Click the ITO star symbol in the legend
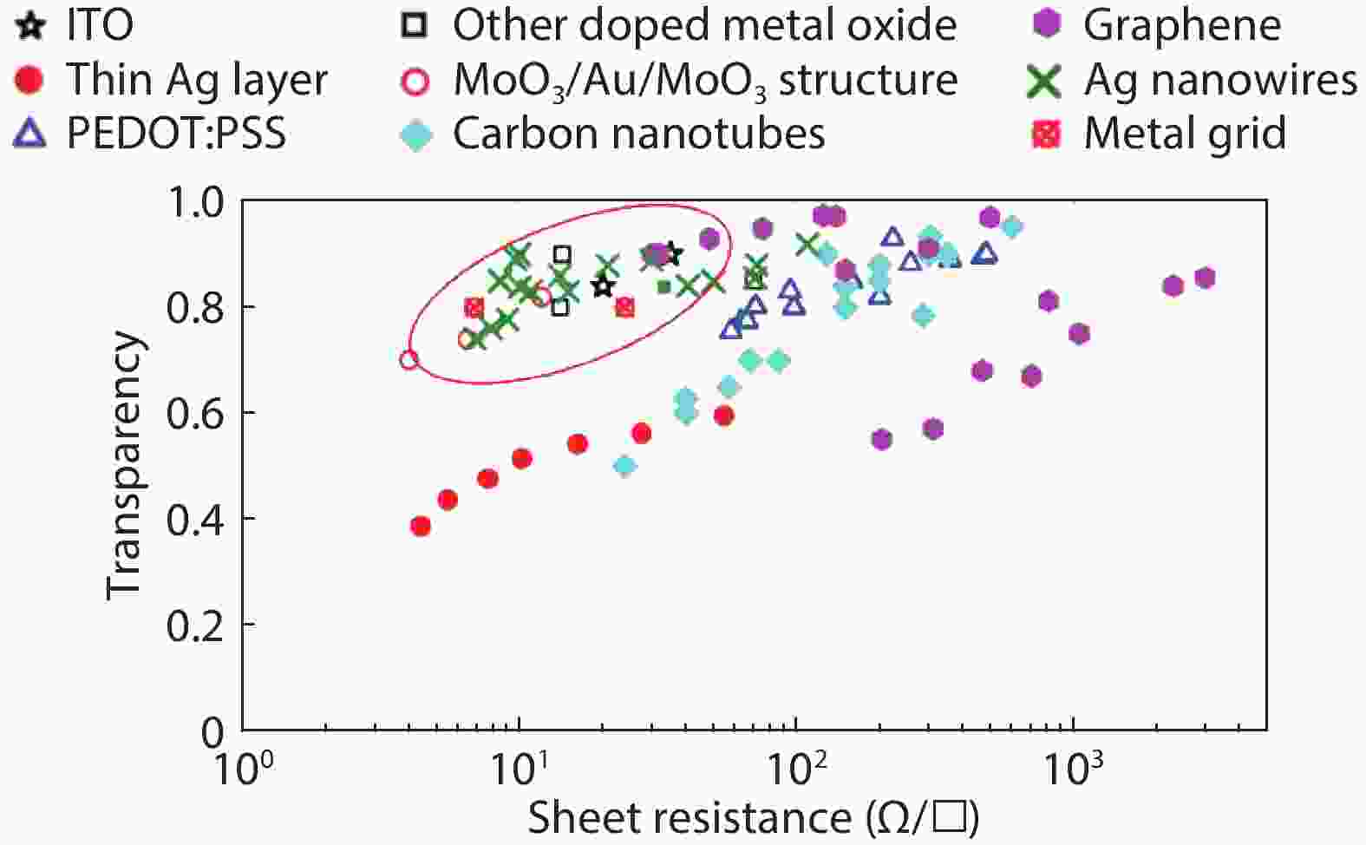[x=31, y=26]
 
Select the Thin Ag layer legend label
[x=197, y=80]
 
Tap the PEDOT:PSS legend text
[x=176, y=134]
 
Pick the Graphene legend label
[x=1181, y=26]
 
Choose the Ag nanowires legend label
[x=1219, y=80]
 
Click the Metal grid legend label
[x=1185, y=134]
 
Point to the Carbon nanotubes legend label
[x=638, y=134]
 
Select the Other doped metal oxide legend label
[x=704, y=26]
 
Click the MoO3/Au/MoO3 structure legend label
[x=705, y=81]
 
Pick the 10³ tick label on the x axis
[x=1075, y=766]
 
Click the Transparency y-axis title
[x=123, y=465]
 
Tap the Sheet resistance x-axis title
[x=753, y=817]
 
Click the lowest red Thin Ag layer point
[x=421, y=526]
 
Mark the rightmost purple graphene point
[x=1205, y=278]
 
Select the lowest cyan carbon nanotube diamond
[x=624, y=466]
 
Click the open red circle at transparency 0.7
[x=409, y=359]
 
